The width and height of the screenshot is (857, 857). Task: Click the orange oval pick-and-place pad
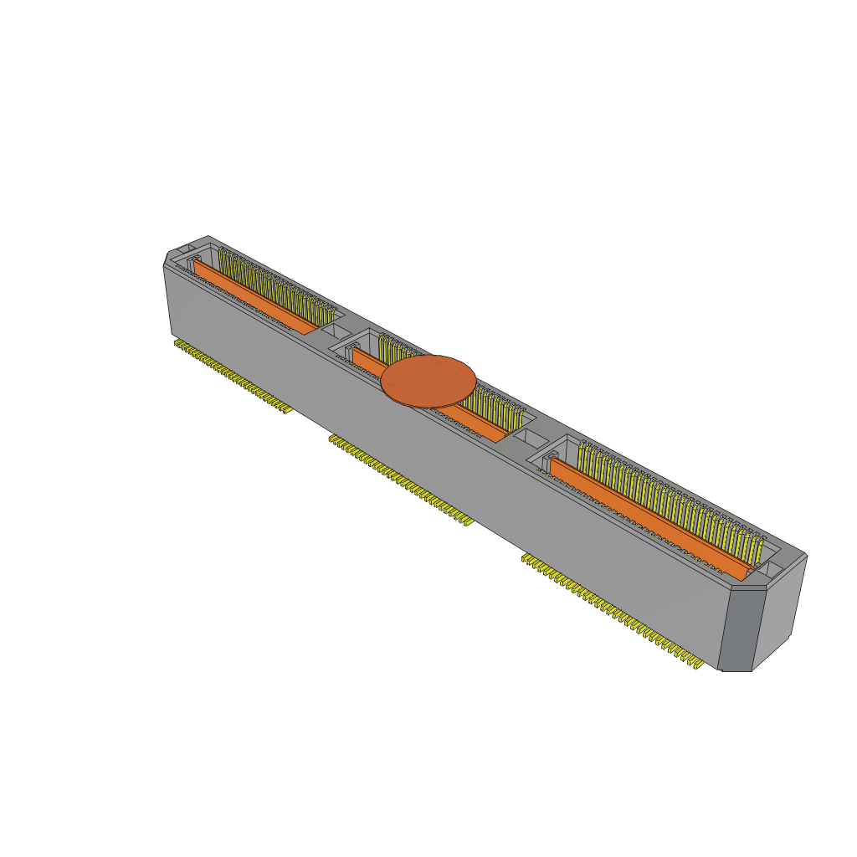428,381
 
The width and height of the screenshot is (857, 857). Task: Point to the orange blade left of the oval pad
366,362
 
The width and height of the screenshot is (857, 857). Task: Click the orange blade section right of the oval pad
481,424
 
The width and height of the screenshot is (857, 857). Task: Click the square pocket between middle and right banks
528,437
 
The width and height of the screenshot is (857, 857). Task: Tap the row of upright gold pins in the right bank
670,498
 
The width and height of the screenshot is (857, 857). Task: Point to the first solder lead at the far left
177,342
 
